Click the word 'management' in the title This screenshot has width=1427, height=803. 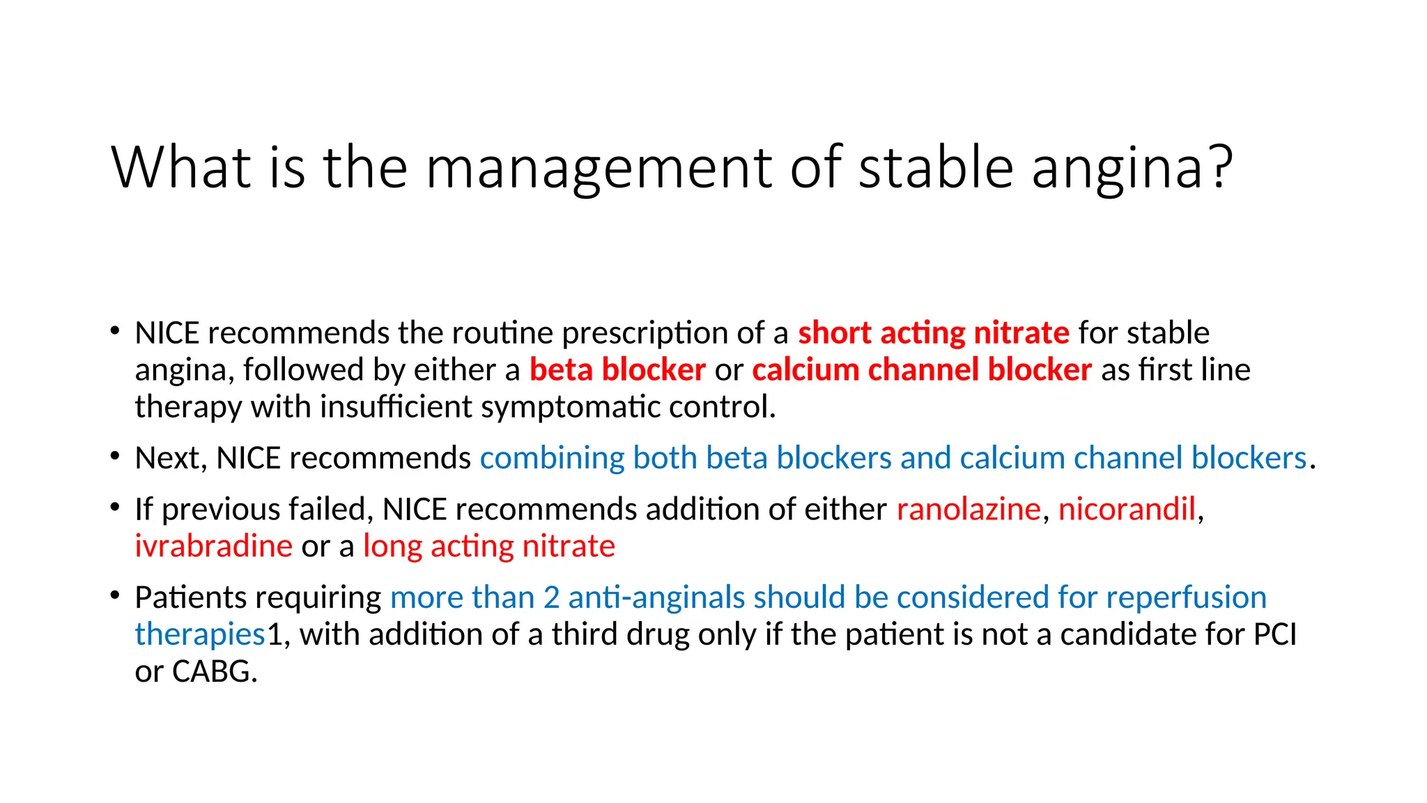pyautogui.click(x=599, y=168)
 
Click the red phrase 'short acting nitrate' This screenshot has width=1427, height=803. pyautogui.click(x=933, y=332)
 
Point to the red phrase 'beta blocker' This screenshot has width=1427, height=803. pyautogui.click(x=617, y=369)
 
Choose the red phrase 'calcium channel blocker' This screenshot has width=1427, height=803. pyautogui.click(x=921, y=369)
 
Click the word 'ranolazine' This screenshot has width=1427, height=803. pyautogui.click(x=969, y=509)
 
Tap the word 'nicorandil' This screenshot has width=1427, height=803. pyautogui.click(x=1127, y=509)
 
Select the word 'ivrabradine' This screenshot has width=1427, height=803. pyautogui.click(x=213, y=546)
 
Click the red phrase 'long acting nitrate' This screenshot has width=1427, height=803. pyautogui.click(x=488, y=546)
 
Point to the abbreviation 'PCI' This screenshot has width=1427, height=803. pyautogui.click(x=1274, y=634)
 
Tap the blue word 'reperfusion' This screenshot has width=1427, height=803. pyautogui.click(x=1186, y=597)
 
